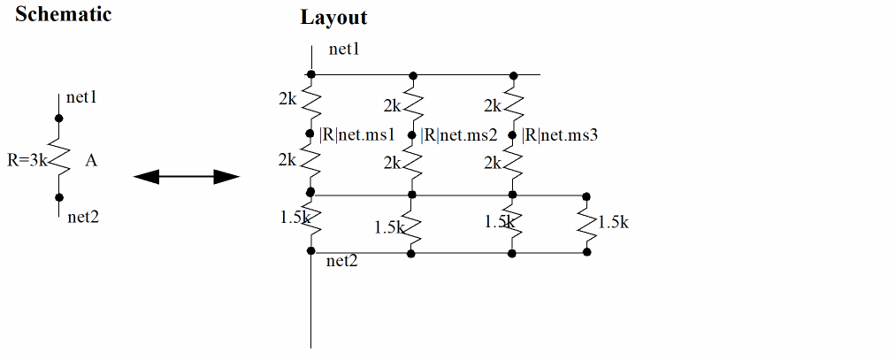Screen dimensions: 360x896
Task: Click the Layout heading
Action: click(333, 17)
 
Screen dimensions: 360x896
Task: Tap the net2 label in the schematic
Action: click(82, 217)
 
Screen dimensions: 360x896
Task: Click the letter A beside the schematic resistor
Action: click(91, 161)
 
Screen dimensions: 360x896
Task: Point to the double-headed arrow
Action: click(187, 178)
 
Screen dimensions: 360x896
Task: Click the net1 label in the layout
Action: click(345, 50)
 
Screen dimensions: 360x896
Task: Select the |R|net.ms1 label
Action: click(356, 135)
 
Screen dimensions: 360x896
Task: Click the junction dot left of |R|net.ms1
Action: click(311, 134)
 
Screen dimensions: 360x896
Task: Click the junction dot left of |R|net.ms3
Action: click(512, 134)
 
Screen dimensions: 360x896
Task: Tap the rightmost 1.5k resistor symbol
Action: click(586, 225)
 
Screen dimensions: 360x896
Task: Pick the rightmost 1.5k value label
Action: click(613, 223)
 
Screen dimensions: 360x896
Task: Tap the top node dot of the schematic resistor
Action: click(59, 118)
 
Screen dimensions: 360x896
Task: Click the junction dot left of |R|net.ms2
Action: click(412, 134)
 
